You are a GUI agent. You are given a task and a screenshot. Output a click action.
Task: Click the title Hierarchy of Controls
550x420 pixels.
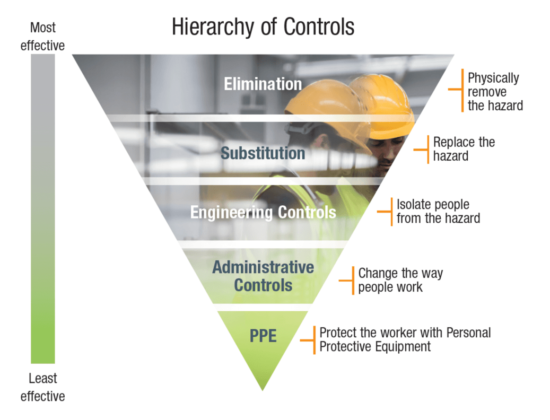[x=263, y=27]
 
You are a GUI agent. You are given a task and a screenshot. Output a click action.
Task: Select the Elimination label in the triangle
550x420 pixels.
[x=263, y=84]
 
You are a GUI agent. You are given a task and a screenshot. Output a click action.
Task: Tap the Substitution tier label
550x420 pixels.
[x=263, y=153]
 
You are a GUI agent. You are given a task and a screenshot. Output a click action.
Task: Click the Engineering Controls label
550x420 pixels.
[x=263, y=213]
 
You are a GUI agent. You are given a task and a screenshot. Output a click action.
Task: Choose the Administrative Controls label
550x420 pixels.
[x=263, y=276]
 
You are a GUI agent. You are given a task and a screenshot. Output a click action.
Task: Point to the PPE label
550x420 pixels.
[x=263, y=336]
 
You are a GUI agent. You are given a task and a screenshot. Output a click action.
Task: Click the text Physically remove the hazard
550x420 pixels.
[x=494, y=91]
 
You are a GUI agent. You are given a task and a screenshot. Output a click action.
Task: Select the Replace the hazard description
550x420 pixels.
[x=464, y=149]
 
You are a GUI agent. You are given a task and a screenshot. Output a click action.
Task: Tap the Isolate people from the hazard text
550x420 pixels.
[x=438, y=211]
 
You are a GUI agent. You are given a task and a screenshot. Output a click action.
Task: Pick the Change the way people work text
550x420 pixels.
[x=400, y=280]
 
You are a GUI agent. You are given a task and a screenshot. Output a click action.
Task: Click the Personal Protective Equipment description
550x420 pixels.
[x=405, y=339]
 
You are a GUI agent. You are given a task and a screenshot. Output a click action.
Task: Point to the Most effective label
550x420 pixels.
[x=42, y=36]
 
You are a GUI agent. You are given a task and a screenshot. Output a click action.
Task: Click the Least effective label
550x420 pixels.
[x=42, y=387]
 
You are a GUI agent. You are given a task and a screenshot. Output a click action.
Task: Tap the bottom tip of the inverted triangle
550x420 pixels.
[x=263, y=389]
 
